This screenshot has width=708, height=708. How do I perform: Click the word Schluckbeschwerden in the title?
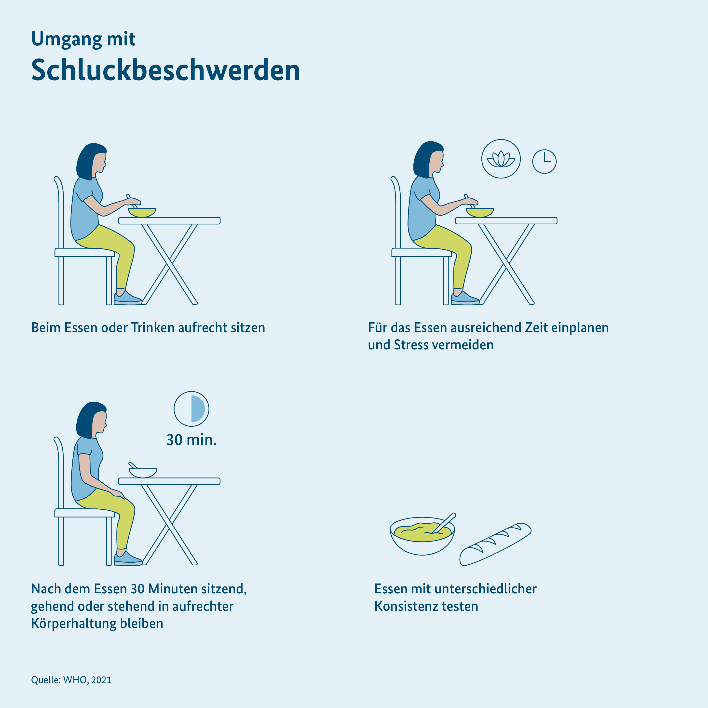166,70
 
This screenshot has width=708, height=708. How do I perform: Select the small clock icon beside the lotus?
544,161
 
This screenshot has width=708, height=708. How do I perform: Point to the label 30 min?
191,440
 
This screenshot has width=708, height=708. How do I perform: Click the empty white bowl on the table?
143,473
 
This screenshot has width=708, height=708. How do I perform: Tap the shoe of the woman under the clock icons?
465,298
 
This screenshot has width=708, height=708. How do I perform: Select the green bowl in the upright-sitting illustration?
142,212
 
